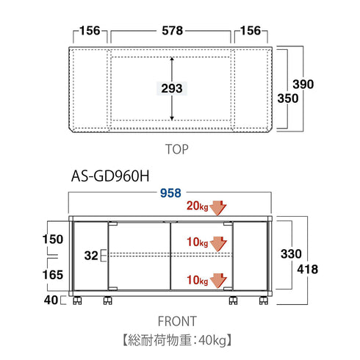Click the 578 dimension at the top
(172, 31)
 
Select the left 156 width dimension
(90, 31)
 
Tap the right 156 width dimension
(251, 31)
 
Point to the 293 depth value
(172, 88)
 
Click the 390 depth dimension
(303, 84)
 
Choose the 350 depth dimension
(288, 98)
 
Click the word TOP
(177, 149)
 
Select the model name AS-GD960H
(110, 176)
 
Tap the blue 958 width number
(170, 193)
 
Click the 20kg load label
(198, 206)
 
